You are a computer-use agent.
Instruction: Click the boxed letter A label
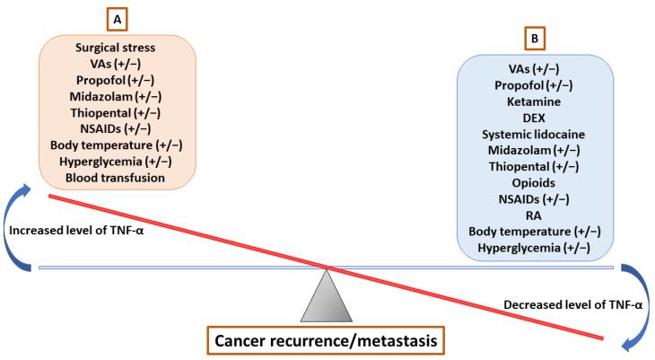click(117, 17)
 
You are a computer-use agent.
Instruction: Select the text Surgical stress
click(117, 48)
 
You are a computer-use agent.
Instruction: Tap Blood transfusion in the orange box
click(117, 178)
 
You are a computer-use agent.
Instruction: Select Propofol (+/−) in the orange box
click(117, 81)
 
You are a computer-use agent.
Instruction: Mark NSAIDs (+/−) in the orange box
click(117, 129)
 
